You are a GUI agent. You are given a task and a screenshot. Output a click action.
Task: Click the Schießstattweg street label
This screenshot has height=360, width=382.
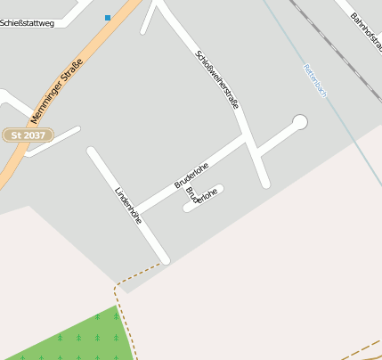click(x=27, y=23)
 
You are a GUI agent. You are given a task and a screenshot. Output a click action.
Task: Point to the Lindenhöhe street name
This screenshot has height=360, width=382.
click(x=128, y=204)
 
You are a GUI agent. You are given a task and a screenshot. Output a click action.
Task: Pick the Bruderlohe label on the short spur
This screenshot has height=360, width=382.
click(x=202, y=196)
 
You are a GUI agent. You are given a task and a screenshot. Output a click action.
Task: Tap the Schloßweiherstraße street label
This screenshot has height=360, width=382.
click(x=217, y=79)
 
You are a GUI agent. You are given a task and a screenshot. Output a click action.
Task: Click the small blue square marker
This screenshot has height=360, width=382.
click(x=108, y=17)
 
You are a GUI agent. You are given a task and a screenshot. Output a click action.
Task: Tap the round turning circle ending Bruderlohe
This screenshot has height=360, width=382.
click(x=299, y=121)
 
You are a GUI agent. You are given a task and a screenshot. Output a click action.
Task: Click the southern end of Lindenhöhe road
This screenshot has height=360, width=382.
click(x=164, y=259)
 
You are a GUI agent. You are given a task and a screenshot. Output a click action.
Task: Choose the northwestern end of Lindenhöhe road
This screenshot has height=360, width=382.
click(x=91, y=151)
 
